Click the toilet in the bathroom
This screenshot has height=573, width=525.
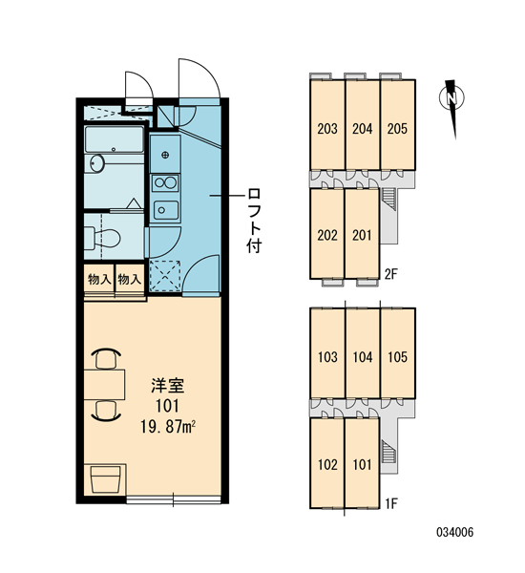[103, 237]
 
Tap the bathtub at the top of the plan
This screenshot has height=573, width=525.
[114, 139]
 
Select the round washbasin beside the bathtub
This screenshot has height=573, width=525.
[97, 163]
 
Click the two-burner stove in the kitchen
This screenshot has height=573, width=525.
[165, 183]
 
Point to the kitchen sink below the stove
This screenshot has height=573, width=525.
[166, 210]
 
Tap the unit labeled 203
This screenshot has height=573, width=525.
[327, 124]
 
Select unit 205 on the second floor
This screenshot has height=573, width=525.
[397, 124]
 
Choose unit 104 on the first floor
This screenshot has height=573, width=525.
[363, 353]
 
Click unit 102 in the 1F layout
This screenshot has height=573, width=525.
[327, 463]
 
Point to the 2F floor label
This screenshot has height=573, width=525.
[390, 274]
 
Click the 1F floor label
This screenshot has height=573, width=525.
[391, 503]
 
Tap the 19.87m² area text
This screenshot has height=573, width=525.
[168, 427]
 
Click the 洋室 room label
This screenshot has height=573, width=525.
[168, 386]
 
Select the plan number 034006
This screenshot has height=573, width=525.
[455, 532]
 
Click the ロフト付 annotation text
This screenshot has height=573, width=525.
[254, 221]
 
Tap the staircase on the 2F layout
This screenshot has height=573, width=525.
[388, 199]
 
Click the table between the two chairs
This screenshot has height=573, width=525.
[104, 385]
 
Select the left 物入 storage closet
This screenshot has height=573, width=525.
[99, 280]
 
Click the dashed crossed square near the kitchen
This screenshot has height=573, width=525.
[165, 275]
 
